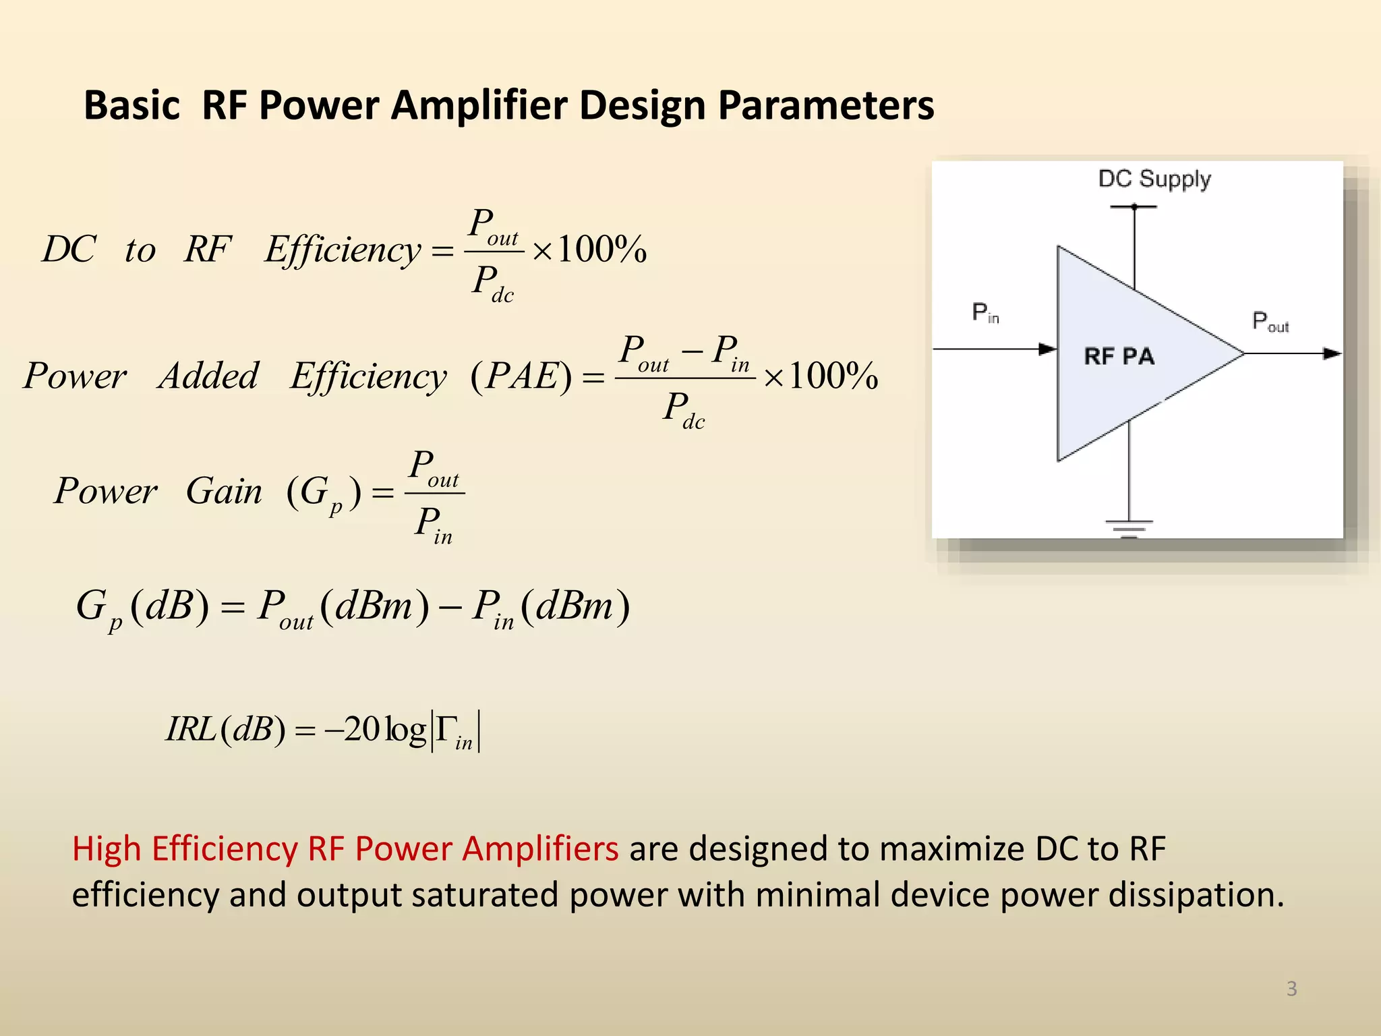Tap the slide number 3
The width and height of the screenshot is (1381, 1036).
click(x=1291, y=988)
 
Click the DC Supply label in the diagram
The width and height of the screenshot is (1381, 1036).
click(x=1154, y=179)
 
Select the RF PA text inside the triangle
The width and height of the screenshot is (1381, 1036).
click(x=1119, y=355)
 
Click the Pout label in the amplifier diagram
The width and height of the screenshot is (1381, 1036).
click(x=1270, y=321)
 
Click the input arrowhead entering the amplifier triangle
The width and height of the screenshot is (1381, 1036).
click(x=1047, y=349)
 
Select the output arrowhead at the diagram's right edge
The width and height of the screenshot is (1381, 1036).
click(x=1331, y=353)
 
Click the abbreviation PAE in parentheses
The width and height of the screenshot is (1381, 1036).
click(x=521, y=376)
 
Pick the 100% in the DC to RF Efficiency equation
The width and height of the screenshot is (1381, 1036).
click(x=601, y=250)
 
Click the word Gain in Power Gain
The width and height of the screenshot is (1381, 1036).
click(x=224, y=490)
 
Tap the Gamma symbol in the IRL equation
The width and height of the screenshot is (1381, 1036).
click(x=446, y=729)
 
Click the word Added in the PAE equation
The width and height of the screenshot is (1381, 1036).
click(x=208, y=376)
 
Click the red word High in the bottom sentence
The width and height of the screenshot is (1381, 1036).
click(x=106, y=848)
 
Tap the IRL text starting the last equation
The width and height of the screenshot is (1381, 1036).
click(x=190, y=729)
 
